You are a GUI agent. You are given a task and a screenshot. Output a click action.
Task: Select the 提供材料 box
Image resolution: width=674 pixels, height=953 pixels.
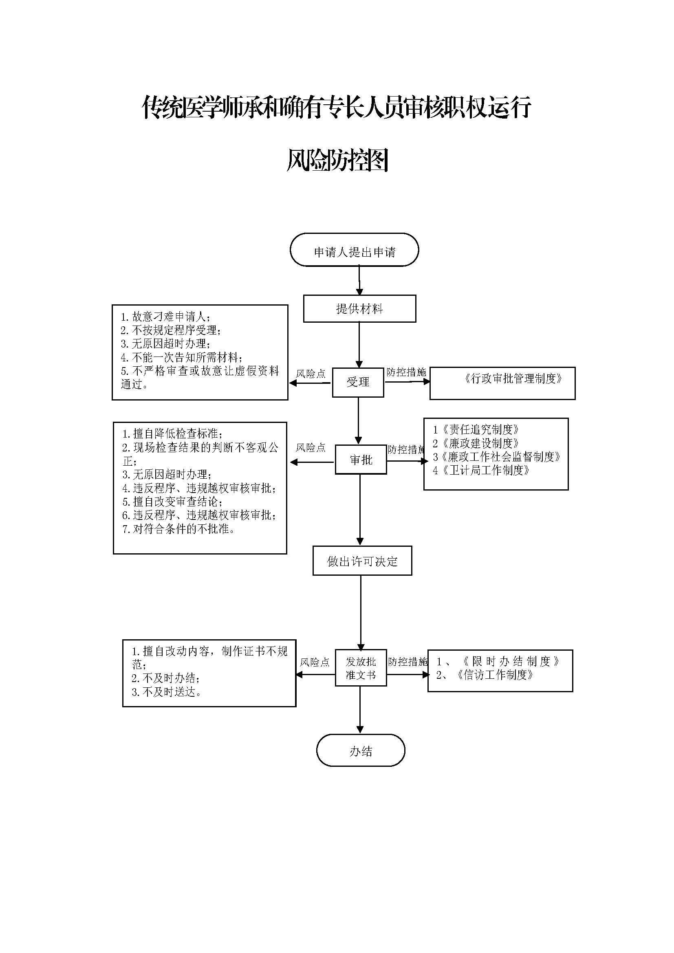(359, 309)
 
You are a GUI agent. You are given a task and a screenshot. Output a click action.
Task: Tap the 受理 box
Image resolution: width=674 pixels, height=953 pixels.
(358, 382)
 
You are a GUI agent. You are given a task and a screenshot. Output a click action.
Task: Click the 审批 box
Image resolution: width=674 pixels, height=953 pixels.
(361, 460)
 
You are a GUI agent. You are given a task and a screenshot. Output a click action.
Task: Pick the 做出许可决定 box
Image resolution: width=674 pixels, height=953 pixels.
(362, 561)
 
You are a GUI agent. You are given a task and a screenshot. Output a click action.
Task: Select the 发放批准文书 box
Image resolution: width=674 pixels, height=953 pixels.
(361, 668)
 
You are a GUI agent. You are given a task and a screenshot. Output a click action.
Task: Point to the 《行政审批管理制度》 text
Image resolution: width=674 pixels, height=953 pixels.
(513, 379)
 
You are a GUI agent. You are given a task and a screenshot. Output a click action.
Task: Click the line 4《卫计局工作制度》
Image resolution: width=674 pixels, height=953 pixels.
(481, 470)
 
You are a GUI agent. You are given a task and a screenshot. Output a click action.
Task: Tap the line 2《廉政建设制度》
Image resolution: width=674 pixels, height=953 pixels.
(476, 443)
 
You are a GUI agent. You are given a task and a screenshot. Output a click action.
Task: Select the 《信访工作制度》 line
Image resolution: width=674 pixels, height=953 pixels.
(485, 674)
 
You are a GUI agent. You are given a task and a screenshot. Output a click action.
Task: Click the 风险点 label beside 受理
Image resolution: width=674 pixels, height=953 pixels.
(311, 374)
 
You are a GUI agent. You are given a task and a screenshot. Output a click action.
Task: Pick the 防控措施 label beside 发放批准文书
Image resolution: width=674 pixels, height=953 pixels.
(407, 662)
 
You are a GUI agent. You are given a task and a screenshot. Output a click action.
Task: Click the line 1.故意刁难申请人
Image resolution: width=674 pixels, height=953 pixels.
(165, 317)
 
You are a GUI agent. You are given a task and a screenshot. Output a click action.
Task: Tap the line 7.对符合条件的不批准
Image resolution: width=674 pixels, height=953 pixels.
(179, 529)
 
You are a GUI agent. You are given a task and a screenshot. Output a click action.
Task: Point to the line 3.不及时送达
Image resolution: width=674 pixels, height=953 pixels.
(166, 691)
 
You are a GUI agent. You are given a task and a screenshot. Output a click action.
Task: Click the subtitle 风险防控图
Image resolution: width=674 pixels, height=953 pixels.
(337, 160)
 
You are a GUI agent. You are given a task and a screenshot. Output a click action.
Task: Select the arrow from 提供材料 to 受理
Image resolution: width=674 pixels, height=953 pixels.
(359, 345)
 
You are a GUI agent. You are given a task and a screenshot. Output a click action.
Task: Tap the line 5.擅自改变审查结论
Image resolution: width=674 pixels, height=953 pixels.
(172, 502)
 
